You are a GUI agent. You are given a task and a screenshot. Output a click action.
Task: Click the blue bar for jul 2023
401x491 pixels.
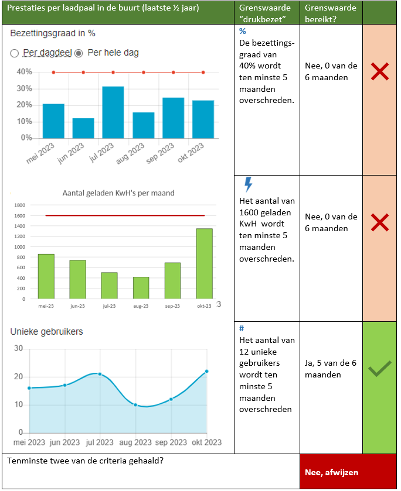pos(113,112)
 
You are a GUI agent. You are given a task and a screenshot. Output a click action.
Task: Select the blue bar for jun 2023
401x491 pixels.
pos(83,128)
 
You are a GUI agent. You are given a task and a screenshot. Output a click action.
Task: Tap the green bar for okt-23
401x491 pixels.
pos(204,263)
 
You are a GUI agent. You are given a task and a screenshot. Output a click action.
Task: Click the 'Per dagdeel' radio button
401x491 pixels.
pos(15,53)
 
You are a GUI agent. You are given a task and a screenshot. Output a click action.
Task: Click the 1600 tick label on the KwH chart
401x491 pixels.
pos(19,216)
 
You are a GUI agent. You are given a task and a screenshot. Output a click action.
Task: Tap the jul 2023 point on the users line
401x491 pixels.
pos(100,374)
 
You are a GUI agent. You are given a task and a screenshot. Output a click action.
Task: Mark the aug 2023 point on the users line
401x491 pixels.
pos(135,405)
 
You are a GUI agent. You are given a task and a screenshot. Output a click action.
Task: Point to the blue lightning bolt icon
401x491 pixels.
pos(248,185)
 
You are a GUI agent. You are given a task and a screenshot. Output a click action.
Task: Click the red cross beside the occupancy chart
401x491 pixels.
pos(380,72)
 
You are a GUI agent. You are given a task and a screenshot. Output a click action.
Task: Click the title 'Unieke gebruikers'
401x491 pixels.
pos(47,332)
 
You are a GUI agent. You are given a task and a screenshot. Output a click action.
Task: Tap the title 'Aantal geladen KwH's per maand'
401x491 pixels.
pos(118,193)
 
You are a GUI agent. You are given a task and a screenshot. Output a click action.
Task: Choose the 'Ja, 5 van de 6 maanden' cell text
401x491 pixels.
pos(331,369)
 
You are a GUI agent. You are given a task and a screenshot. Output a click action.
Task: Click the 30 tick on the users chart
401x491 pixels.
pos(18,348)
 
